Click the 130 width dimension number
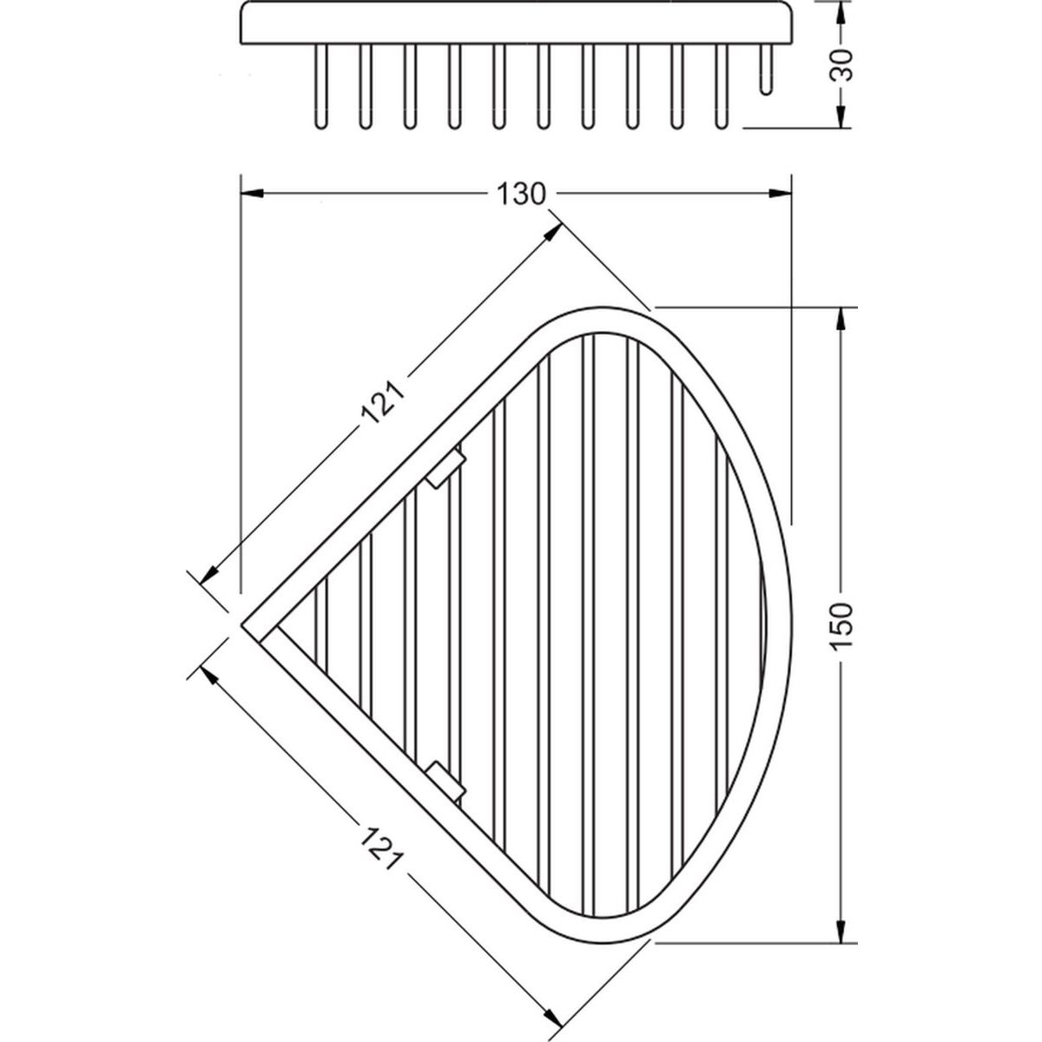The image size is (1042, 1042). (x=521, y=195)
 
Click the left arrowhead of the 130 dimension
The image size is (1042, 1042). (x=253, y=193)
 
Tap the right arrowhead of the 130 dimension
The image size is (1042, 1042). (x=780, y=193)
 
